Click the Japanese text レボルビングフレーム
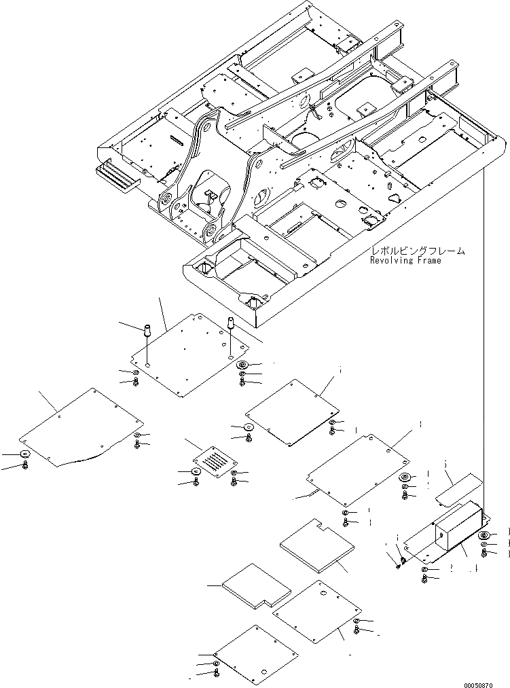pos(418,251)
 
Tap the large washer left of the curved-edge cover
pos(24,454)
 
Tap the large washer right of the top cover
pos(242,365)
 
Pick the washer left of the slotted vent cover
pos(195,472)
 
